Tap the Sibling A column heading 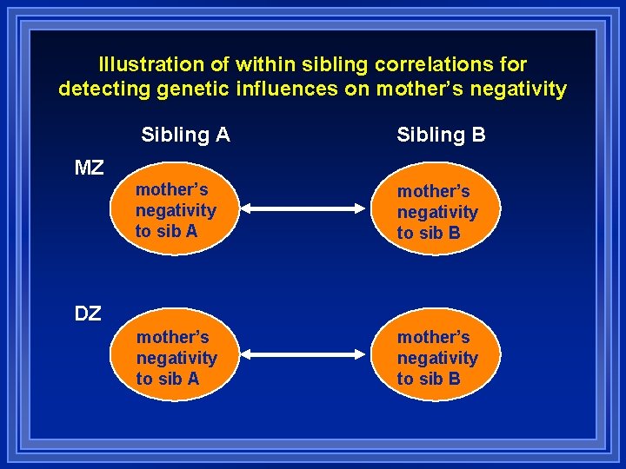coord(185,135)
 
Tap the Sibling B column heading coord(441,135)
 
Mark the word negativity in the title coord(517,89)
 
